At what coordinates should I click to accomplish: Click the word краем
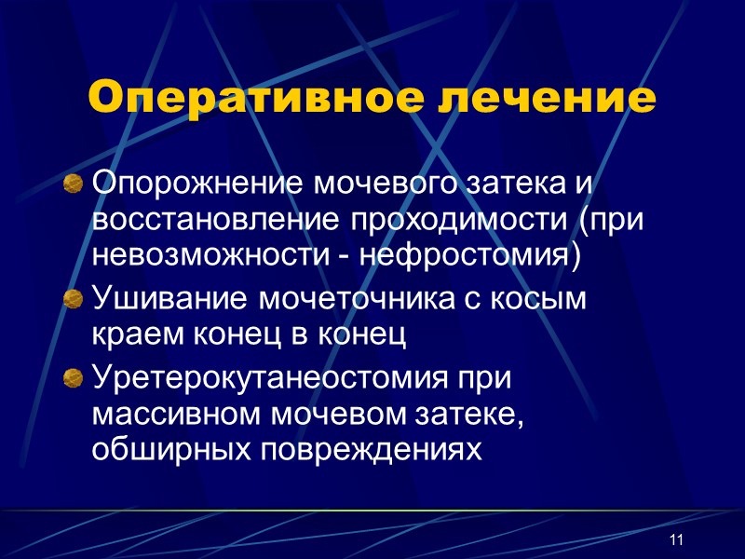(129, 335)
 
